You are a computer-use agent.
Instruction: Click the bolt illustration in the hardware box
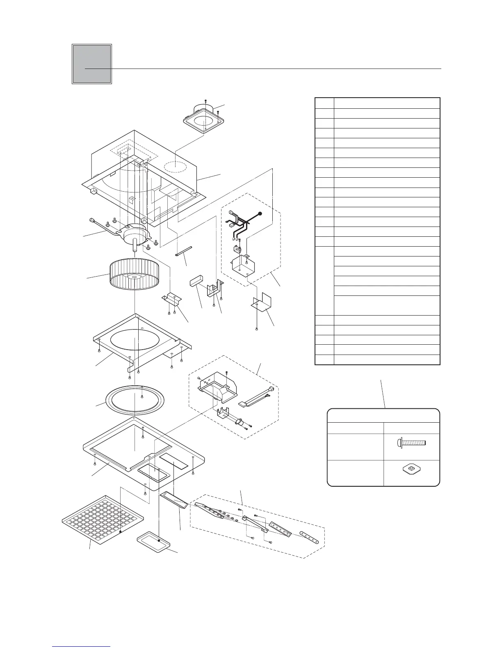tap(412, 443)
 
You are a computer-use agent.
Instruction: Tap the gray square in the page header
tap(92, 64)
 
